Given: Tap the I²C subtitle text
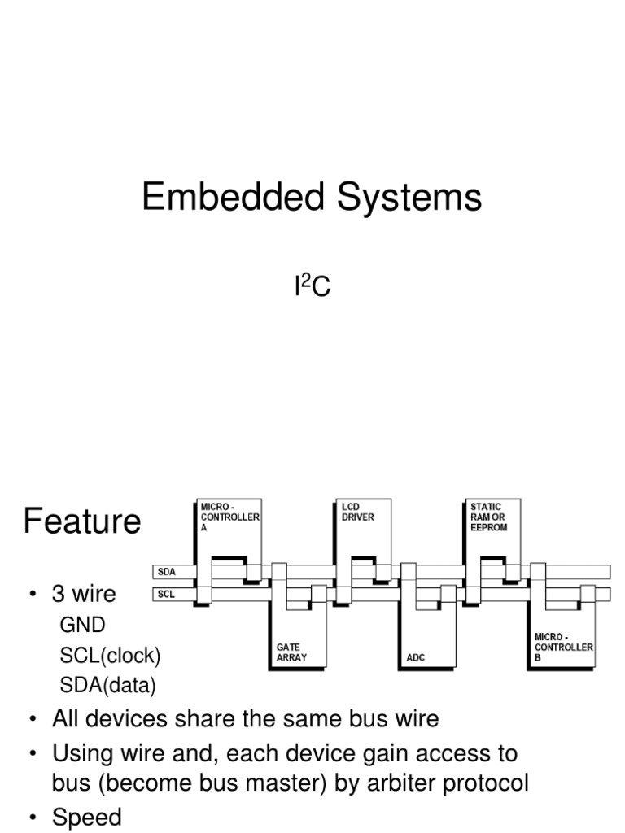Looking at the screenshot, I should click(x=312, y=286).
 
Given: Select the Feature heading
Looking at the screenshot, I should click(x=82, y=521).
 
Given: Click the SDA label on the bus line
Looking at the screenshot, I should click(x=168, y=572).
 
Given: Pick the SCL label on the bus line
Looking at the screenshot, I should click(x=167, y=595).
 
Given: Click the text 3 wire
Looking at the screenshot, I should click(x=84, y=594).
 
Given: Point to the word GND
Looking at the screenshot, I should click(x=83, y=625).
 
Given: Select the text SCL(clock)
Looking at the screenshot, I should click(x=111, y=656).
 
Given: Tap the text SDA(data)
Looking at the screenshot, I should click(x=107, y=686).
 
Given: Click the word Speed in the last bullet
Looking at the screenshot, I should click(x=87, y=817).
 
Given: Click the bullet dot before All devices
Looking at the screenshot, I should click(x=33, y=720).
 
